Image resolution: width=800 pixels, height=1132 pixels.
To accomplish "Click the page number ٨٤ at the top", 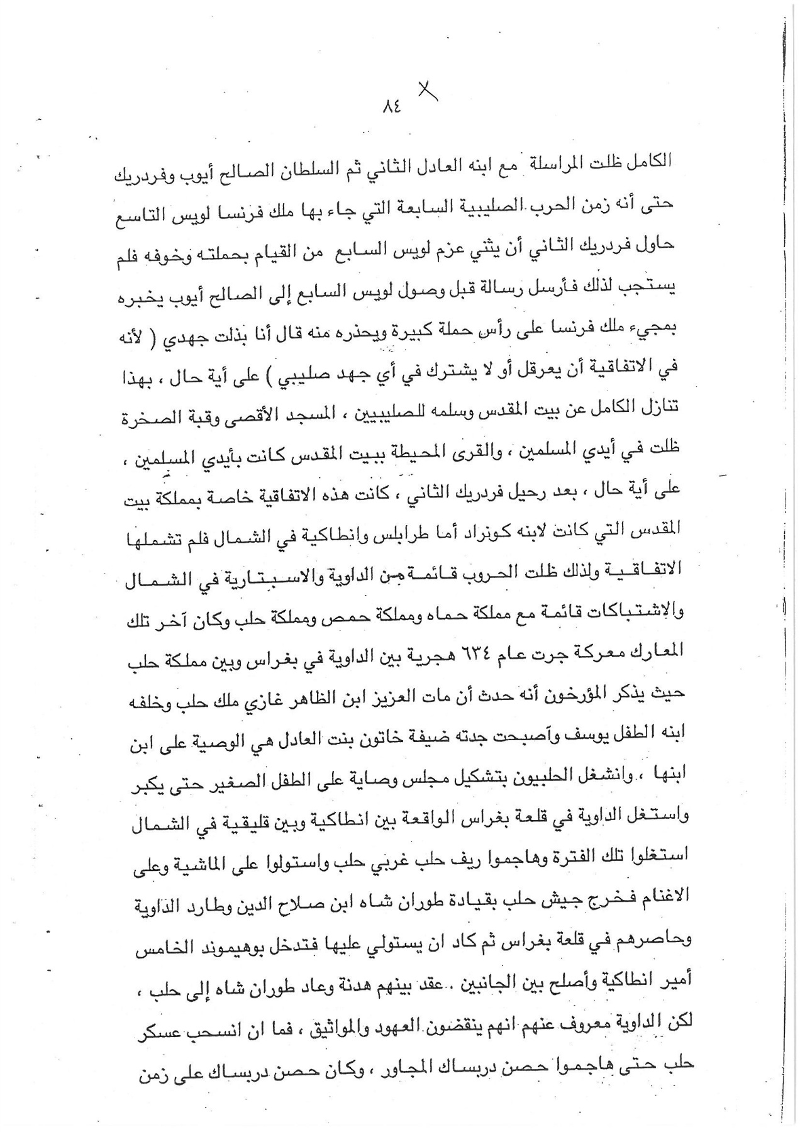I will pyautogui.click(x=391, y=107).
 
